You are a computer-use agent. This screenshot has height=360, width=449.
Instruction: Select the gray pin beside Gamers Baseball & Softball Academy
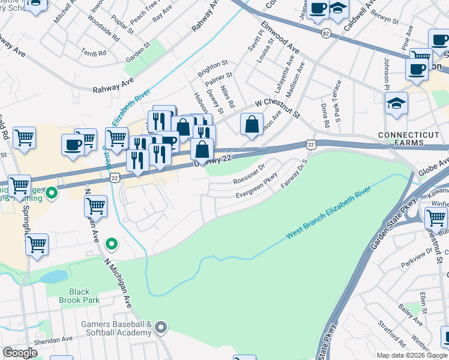coord(160,327)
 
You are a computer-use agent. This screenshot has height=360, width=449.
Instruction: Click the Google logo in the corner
coord(20,353)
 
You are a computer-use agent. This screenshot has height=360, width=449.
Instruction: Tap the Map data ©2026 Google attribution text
coord(412,355)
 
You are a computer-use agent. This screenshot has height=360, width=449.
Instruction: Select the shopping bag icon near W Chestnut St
coord(252,125)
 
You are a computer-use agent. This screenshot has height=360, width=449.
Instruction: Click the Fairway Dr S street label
coord(294,173)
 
